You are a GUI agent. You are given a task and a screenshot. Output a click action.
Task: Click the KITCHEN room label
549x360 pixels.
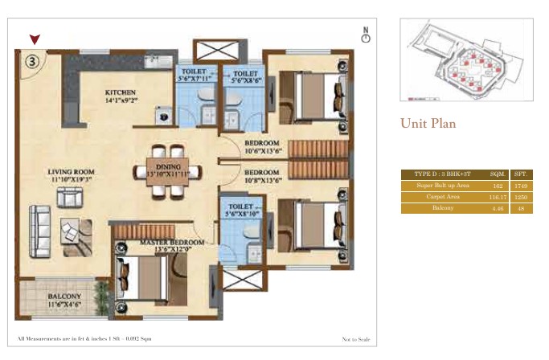[x=121, y=93]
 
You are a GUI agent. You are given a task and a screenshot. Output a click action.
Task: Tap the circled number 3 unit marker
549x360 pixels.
[x=31, y=59]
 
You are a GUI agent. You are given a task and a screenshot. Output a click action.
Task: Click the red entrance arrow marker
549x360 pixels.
[x=34, y=39]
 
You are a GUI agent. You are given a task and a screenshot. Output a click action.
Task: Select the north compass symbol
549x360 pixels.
[x=365, y=36]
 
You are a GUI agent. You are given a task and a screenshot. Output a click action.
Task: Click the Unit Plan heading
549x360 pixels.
[x=428, y=124]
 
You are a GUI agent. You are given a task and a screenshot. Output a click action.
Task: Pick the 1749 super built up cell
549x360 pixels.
[x=520, y=185]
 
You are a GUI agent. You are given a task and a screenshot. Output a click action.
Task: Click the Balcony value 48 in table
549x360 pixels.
[x=520, y=207]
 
